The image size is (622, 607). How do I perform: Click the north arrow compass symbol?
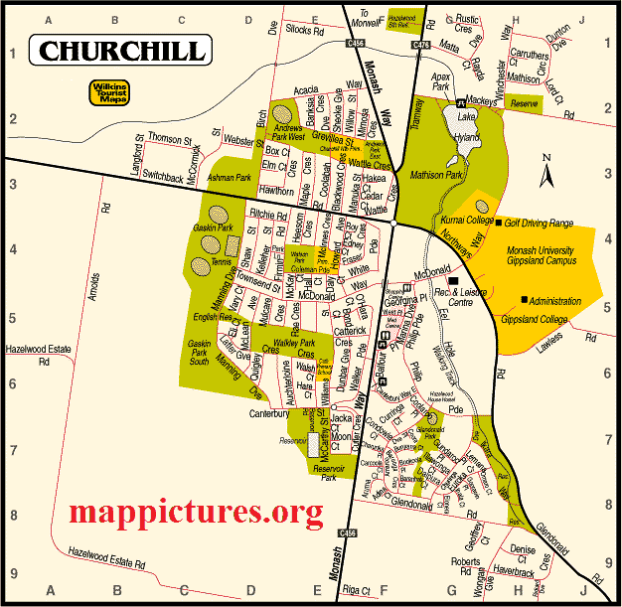click(x=545, y=173)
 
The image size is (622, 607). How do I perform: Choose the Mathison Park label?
click(x=438, y=175)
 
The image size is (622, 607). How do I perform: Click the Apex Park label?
click(x=442, y=81)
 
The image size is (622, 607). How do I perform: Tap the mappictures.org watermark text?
click(x=197, y=512)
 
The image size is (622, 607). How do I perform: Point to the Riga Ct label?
click(x=354, y=591)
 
